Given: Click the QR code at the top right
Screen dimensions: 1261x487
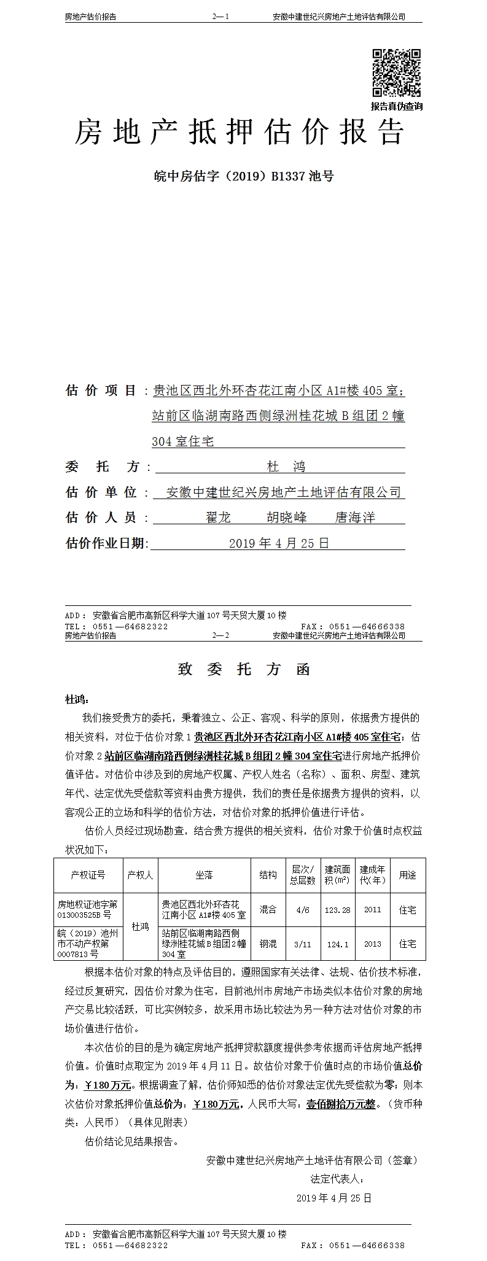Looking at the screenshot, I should coord(396,72).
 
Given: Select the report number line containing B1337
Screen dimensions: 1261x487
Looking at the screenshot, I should coord(243,177).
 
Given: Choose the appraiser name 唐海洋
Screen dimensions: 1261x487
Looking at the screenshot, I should coord(354,518).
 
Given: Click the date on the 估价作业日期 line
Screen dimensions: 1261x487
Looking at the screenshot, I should coord(279,543).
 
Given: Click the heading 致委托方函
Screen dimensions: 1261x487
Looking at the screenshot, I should coord(244,670).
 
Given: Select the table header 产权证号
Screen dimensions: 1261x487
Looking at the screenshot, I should coord(88,875).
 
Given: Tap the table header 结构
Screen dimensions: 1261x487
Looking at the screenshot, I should coord(268,875).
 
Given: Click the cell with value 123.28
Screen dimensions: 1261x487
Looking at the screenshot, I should coord(338,910).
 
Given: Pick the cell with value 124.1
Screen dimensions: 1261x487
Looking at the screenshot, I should coord(338,944).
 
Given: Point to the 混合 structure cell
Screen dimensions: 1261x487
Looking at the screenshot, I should coord(268,910).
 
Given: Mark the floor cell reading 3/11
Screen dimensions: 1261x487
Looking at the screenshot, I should coord(303,944).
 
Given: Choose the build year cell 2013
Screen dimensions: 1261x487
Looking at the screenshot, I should coord(372,944).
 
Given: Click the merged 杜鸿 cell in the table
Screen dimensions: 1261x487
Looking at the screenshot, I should coord(140,927).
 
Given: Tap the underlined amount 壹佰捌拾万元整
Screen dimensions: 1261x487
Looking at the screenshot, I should coord(341,1104).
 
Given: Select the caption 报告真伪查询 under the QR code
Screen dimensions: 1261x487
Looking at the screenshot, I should coord(396,106).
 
